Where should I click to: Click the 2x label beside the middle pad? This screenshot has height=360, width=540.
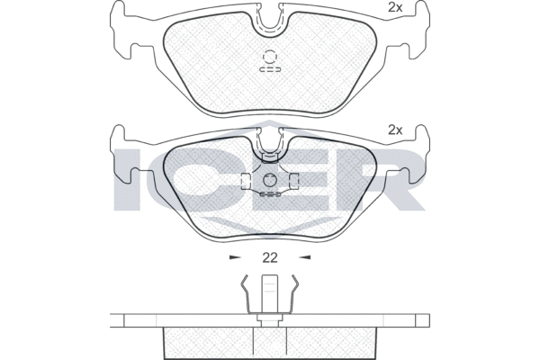(x=394, y=129)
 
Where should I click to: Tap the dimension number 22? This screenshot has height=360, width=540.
(x=269, y=257)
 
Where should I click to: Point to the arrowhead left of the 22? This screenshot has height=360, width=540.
(x=235, y=257)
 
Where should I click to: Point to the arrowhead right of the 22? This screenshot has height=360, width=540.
(x=303, y=257)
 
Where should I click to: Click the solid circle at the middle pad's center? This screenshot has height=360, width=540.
(x=269, y=178)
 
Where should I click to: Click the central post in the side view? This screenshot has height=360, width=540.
(x=269, y=297)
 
